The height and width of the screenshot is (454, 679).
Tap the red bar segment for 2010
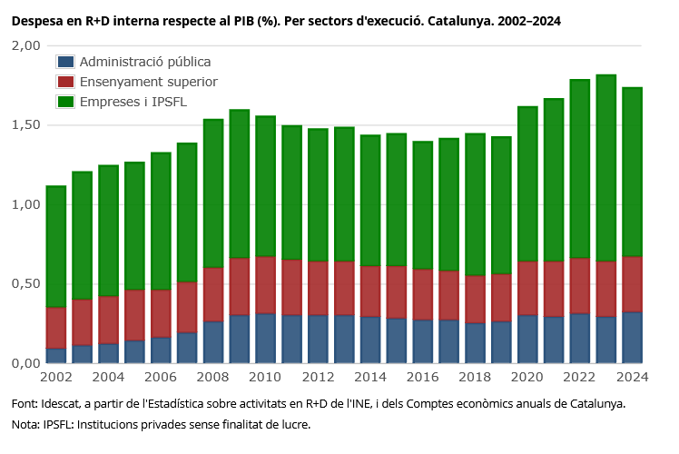coord(266,285)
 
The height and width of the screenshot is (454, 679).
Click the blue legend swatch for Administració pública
coord(65,62)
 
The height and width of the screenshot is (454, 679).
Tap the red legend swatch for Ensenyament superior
coord(65,82)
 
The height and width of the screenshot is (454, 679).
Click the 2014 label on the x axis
coord(370,377)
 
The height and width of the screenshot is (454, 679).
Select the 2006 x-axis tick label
coord(161,377)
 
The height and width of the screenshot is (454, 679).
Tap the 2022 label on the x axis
coord(580,377)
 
